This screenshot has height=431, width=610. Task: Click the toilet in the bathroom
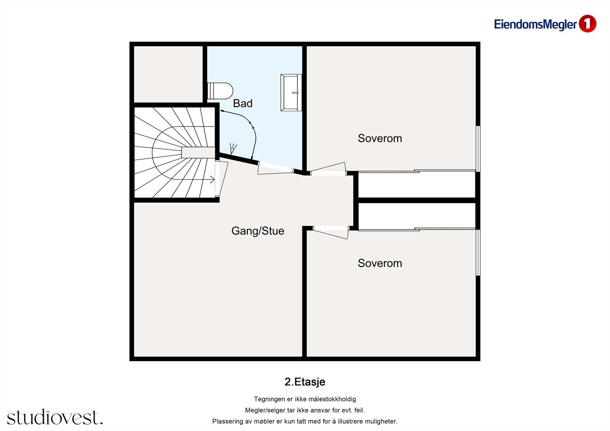pyautogui.click(x=220, y=91)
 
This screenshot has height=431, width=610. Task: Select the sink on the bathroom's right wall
pyautogui.click(x=291, y=93)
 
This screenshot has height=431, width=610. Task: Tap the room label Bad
pyautogui.click(x=242, y=103)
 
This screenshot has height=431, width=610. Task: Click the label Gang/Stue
pyautogui.click(x=258, y=231)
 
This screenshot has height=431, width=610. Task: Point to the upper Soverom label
pyautogui.click(x=380, y=138)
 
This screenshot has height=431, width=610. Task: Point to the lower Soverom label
pyautogui.click(x=380, y=263)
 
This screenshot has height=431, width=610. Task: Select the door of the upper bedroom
pyautogui.click(x=328, y=169)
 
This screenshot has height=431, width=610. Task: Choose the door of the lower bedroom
pyautogui.click(x=330, y=233)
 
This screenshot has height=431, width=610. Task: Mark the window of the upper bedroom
pyautogui.click(x=478, y=149)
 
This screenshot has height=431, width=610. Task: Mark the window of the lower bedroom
pyautogui.click(x=478, y=252)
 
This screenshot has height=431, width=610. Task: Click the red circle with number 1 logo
pyautogui.click(x=587, y=24)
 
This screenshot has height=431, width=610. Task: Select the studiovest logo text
pyautogui.click(x=55, y=417)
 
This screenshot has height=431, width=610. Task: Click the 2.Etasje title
pyautogui.click(x=305, y=382)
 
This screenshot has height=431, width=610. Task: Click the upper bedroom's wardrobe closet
pyautogui.click(x=416, y=185)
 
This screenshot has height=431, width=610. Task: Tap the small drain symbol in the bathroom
pyautogui.click(x=233, y=149)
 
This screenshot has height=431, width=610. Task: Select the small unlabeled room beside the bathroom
pyautogui.click(x=168, y=74)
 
